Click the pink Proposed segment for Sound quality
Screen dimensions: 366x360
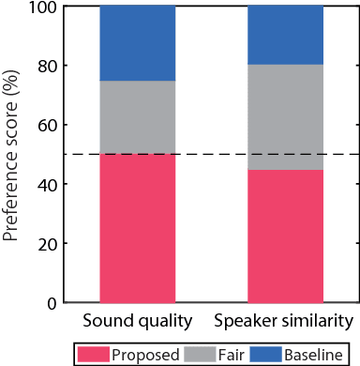(137, 228)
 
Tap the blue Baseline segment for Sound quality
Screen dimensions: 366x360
(137, 43)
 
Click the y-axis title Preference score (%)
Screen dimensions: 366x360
(12, 155)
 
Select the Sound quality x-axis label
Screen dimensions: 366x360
(137, 321)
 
